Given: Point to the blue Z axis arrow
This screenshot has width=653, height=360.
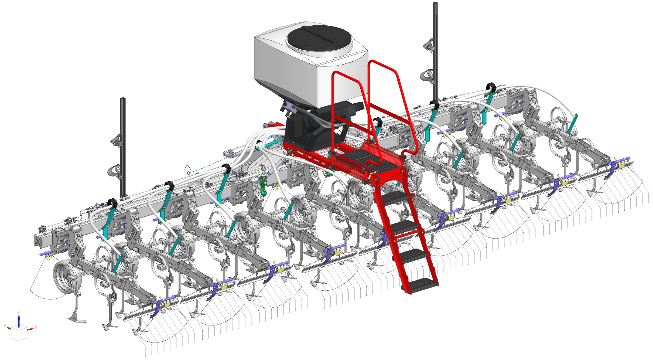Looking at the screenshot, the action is click(19, 321).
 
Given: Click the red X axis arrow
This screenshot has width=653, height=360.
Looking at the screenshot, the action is click(30, 329).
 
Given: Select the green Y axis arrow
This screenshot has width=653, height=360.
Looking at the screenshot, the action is click(9, 328).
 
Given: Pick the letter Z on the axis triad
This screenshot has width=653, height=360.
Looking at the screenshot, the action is click(19, 312).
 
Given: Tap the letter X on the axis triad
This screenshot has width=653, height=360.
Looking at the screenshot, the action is click(36, 327).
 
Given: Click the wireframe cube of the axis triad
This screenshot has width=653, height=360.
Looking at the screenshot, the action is click(19, 333).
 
